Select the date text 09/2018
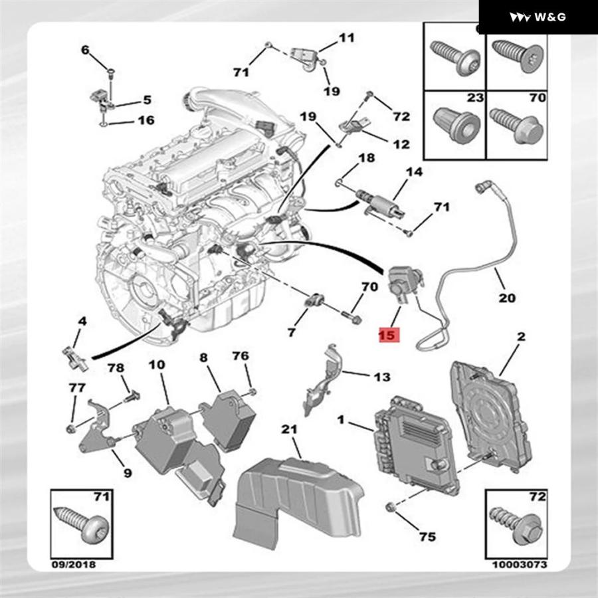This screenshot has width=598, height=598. (74, 565)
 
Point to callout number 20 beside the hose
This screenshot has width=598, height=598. (507, 298)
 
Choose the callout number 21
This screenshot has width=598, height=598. (288, 430)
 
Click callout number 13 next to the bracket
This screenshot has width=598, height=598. (381, 377)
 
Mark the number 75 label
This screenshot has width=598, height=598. (428, 536)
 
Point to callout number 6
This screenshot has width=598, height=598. (84, 50)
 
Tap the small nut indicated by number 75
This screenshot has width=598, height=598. (391, 508)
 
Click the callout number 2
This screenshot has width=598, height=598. (521, 337)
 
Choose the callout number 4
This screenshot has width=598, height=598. (82, 322)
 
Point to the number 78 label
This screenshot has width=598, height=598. (116, 368)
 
